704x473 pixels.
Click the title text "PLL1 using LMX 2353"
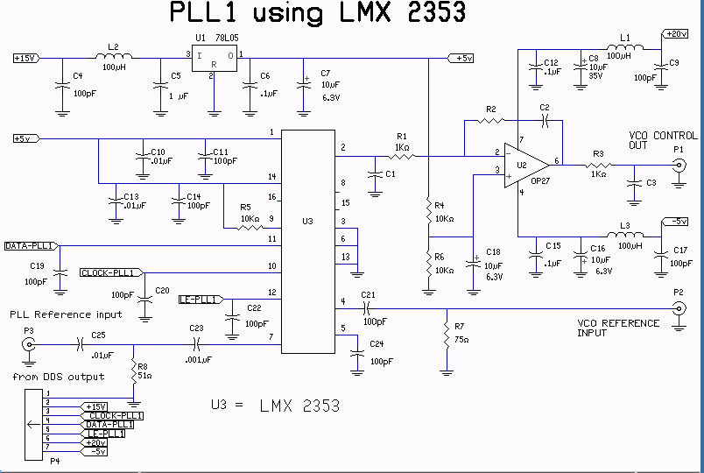click(317, 14)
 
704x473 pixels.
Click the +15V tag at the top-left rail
click(25, 59)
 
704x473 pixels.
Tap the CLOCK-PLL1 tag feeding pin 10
click(110, 272)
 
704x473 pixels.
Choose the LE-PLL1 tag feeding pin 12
click(198, 300)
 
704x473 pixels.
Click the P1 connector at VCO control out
click(677, 166)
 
